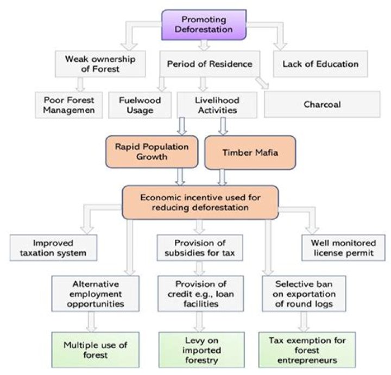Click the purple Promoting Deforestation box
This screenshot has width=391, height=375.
[204, 25]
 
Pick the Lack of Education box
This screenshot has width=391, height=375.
[320, 64]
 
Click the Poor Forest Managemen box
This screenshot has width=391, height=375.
[68, 104]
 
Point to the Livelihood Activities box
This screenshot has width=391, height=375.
[217, 104]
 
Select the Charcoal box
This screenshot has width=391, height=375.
[322, 104]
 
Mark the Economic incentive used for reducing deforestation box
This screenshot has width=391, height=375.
[200, 201]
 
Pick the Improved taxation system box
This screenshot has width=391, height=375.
[53, 247]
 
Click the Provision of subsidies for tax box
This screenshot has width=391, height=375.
[200, 247]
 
